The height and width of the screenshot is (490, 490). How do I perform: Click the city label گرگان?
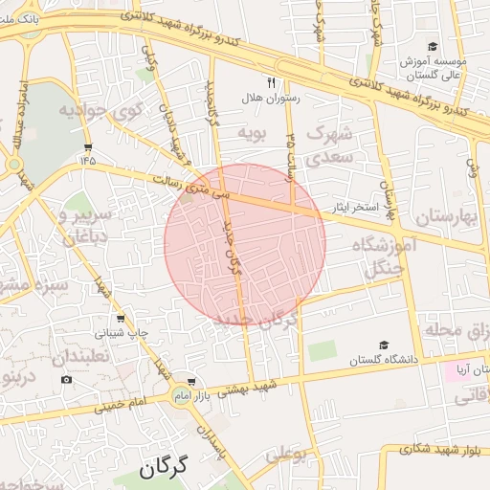click(x=173, y=468)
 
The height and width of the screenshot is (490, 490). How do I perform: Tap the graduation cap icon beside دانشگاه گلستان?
click(x=384, y=345)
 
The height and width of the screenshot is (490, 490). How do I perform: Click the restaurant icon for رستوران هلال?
click(x=271, y=82)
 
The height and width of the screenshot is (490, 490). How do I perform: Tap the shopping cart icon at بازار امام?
click(x=192, y=381)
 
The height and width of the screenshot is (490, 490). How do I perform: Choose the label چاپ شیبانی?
click(x=120, y=334)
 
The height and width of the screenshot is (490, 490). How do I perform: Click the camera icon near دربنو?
click(x=66, y=379)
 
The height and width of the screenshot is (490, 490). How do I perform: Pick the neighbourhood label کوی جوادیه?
click(x=100, y=110)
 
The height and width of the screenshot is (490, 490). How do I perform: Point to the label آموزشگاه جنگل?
click(x=387, y=258)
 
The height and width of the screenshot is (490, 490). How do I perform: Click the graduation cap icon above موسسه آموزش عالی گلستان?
click(x=433, y=46)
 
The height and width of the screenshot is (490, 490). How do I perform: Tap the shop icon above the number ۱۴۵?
click(x=88, y=146)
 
